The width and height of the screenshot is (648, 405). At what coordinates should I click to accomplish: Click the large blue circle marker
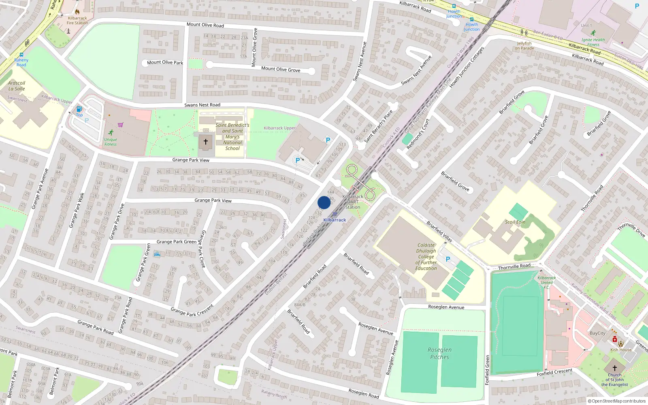point(324,202)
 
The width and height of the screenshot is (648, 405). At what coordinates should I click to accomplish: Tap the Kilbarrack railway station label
point(335,220)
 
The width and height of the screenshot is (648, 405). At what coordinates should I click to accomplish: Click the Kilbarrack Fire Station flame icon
point(77,12)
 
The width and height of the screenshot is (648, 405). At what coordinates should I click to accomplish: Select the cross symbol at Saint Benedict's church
point(206,142)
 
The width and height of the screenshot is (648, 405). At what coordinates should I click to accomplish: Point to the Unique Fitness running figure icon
point(111,132)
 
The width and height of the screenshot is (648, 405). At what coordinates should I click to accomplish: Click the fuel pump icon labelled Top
point(79,109)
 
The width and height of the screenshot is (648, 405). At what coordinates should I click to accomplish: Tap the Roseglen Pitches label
point(439,353)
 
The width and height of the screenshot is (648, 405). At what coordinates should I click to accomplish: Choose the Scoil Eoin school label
point(515,222)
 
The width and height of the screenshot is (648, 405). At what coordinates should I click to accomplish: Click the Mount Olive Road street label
point(205,25)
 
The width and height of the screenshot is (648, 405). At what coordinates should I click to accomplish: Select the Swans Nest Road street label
point(202,105)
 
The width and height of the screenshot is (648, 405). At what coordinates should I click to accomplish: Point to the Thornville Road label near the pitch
point(514,266)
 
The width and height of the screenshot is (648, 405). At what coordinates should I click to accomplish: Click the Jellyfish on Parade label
point(524,46)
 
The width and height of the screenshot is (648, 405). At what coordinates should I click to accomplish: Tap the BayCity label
point(597,333)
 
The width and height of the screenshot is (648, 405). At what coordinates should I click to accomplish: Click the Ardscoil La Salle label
point(17,86)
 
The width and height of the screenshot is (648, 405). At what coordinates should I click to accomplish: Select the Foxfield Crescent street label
point(554,372)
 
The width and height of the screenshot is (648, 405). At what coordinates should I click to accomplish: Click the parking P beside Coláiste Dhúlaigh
point(448,259)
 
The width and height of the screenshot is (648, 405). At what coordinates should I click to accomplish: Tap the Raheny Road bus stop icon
point(21,55)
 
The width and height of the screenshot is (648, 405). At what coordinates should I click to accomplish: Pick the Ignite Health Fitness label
point(593,42)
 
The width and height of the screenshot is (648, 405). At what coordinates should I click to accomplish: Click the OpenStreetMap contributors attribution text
point(616,401)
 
